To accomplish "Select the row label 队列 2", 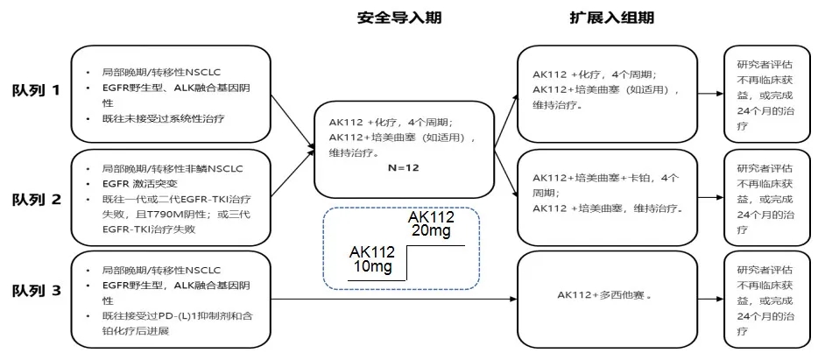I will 36,199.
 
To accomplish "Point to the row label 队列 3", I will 36,290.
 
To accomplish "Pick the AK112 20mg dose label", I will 432,223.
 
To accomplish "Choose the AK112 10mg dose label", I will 371,258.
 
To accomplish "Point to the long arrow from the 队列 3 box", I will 394,300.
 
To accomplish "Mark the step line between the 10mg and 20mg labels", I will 408,264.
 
